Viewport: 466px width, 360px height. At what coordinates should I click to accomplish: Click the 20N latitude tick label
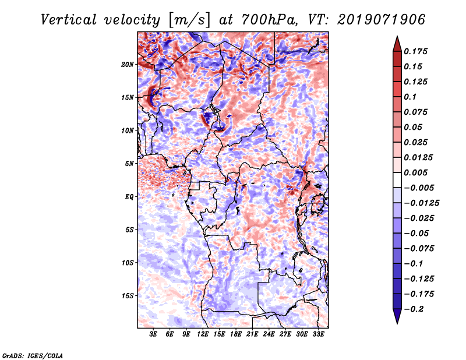point(128,64)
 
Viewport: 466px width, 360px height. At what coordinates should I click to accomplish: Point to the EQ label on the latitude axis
point(130,197)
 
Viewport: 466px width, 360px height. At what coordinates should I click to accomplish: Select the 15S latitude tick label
point(128,296)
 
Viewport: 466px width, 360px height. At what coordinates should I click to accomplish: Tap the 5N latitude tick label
point(129,164)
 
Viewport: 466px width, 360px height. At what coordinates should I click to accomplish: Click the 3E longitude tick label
point(153,334)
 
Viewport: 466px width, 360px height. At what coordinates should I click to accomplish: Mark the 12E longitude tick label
point(203,334)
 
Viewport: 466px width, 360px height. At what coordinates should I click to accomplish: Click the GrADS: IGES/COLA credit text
point(32,354)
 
